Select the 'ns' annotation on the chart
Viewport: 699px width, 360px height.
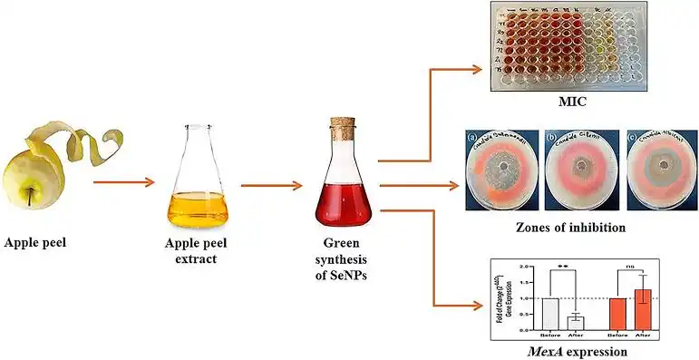click(x=630, y=267)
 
